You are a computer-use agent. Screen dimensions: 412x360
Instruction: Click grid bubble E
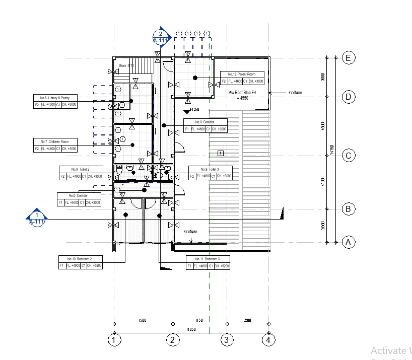(x=348, y=58)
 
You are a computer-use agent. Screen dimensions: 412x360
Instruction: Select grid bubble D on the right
(x=348, y=97)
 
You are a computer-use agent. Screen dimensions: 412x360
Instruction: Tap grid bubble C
(x=348, y=156)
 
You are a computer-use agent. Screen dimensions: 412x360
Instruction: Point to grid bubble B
(x=348, y=209)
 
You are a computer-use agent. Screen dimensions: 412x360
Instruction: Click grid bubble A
(x=348, y=242)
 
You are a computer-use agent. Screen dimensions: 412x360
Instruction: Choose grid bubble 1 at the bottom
(x=115, y=340)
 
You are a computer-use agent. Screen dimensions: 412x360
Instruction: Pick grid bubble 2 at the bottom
(x=173, y=340)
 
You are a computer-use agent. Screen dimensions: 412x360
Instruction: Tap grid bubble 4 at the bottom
(x=269, y=340)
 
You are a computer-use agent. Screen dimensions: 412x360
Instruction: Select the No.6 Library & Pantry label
(x=55, y=98)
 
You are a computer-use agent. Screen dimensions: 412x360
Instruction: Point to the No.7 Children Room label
(x=55, y=141)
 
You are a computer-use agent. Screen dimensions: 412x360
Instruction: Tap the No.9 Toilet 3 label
(x=210, y=169)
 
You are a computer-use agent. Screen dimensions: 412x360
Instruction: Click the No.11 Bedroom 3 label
(x=208, y=258)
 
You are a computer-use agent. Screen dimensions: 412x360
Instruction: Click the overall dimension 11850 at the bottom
(x=190, y=329)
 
